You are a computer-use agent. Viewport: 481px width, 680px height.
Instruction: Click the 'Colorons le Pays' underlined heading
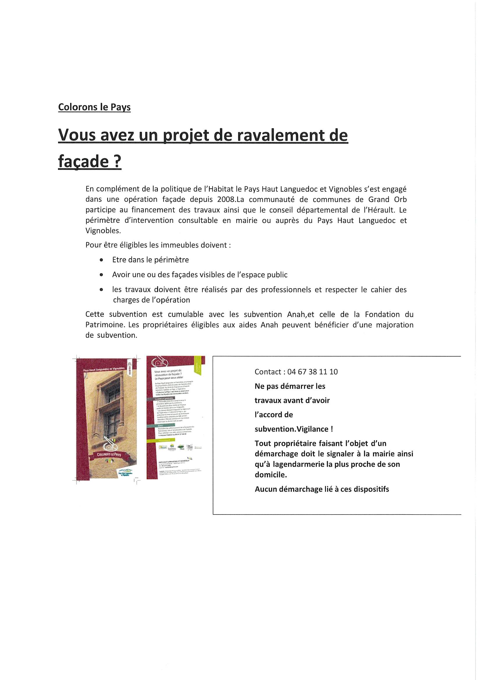click(x=94, y=107)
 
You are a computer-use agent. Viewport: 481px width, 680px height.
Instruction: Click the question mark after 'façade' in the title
click(x=118, y=162)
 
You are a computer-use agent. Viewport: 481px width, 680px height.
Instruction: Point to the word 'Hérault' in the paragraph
click(x=379, y=210)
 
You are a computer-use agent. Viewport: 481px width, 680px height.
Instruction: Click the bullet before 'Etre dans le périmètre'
click(x=102, y=260)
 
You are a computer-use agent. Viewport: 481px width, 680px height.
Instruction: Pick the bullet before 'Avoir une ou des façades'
click(x=102, y=275)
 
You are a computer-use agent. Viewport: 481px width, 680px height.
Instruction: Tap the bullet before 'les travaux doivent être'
click(x=102, y=290)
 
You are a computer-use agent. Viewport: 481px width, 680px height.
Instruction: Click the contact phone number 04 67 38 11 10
click(x=312, y=372)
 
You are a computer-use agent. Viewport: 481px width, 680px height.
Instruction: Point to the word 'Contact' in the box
click(x=268, y=372)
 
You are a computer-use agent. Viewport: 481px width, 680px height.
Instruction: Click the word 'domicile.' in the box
click(x=271, y=475)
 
